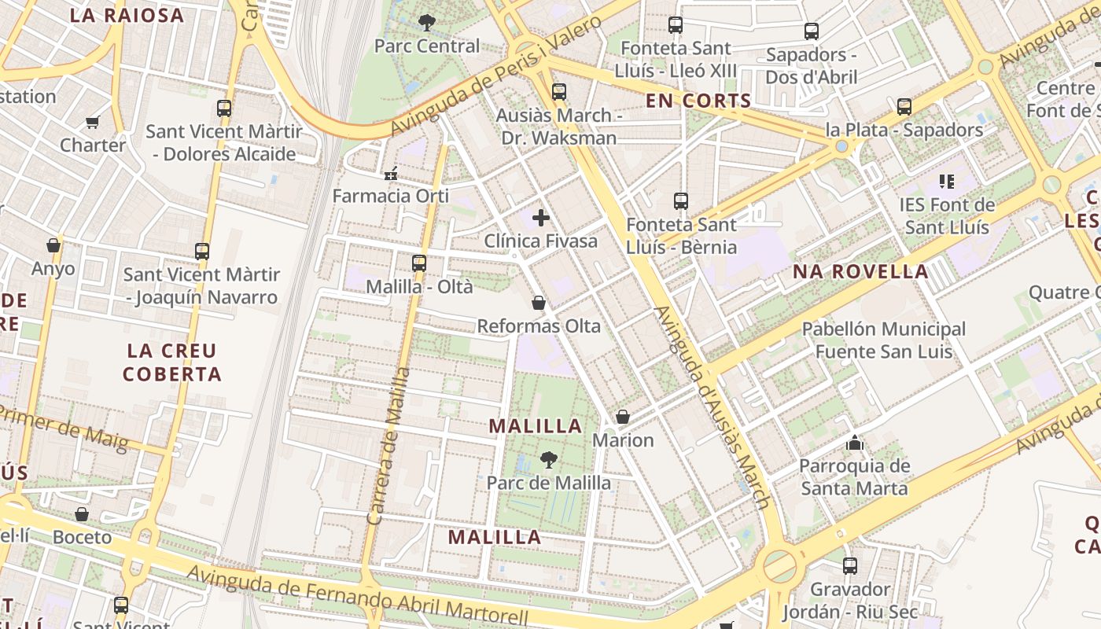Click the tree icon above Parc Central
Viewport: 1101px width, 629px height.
426,23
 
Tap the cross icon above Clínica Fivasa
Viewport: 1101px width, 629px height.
541,218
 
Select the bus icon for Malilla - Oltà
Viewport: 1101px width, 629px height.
419,263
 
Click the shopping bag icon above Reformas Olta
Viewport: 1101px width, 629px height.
539,303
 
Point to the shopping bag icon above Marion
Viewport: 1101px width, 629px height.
623,417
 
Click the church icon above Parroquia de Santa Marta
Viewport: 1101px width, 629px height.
854,443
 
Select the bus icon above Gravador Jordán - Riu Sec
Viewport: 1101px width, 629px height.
849,566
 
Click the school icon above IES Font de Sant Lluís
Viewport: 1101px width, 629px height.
947,182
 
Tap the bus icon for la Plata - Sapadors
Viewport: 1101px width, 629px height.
904,107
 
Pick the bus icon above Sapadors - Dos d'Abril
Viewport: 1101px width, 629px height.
811,32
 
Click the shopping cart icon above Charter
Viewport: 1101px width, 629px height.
93,123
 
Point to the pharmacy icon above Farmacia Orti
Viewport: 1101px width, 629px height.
390,174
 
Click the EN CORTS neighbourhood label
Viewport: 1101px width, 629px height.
698,101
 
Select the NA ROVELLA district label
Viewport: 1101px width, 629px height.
860,272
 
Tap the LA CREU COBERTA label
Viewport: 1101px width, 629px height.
171,362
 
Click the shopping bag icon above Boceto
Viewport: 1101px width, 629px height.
82,515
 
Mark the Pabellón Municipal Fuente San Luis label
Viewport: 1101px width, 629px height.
883,340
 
